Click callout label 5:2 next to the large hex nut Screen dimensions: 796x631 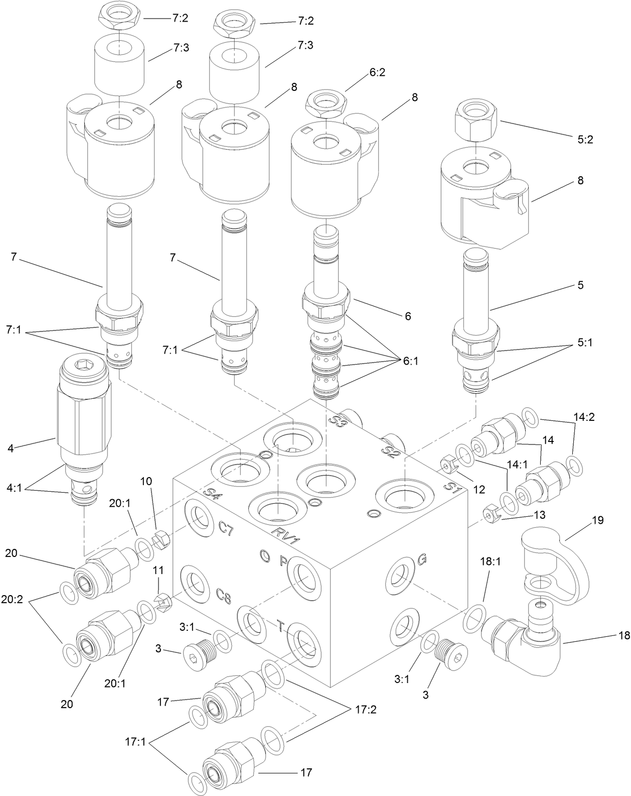[585, 140]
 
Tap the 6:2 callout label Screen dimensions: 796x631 [377, 72]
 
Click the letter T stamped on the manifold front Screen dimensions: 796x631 [281, 626]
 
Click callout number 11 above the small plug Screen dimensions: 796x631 [158, 571]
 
